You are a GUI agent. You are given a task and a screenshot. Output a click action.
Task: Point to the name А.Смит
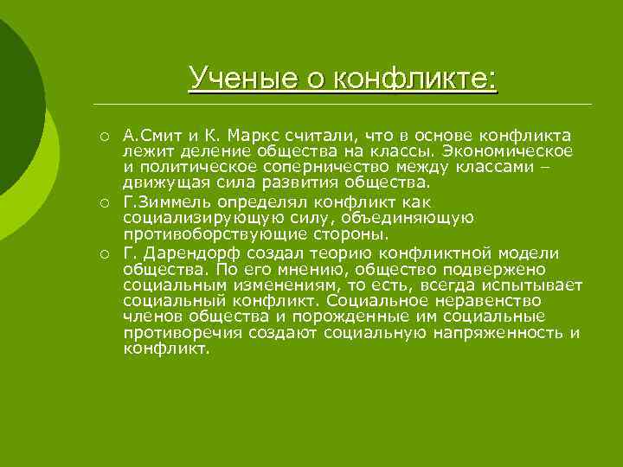pyautogui.click(x=151, y=136)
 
